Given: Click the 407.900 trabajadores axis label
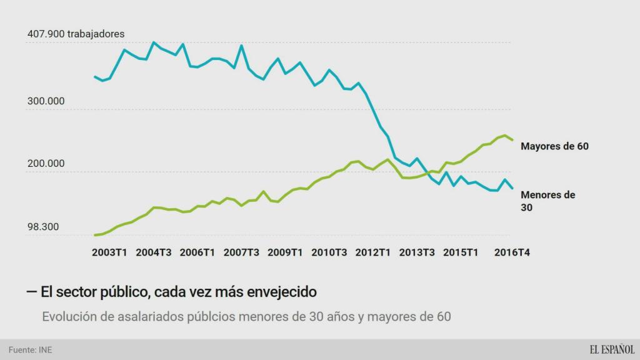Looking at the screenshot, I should pos(76,33).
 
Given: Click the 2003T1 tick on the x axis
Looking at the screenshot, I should pos(109,252).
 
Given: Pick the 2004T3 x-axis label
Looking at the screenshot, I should pos(154,252).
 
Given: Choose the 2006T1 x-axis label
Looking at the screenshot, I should pos(197,252).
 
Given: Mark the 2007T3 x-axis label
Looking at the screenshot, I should pos(241,252).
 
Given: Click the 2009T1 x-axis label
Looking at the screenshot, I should pos(285,252).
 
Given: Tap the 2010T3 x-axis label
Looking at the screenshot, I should pos(329,252).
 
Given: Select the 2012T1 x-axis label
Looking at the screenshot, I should pos(373,252).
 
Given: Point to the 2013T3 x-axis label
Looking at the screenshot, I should pos(417,252).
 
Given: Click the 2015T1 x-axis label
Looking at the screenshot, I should pos(461,252).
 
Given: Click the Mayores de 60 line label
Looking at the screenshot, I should pos(554,146).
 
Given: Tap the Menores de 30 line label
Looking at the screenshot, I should pos(547,201).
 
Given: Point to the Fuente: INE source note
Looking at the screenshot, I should pos(30,349).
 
